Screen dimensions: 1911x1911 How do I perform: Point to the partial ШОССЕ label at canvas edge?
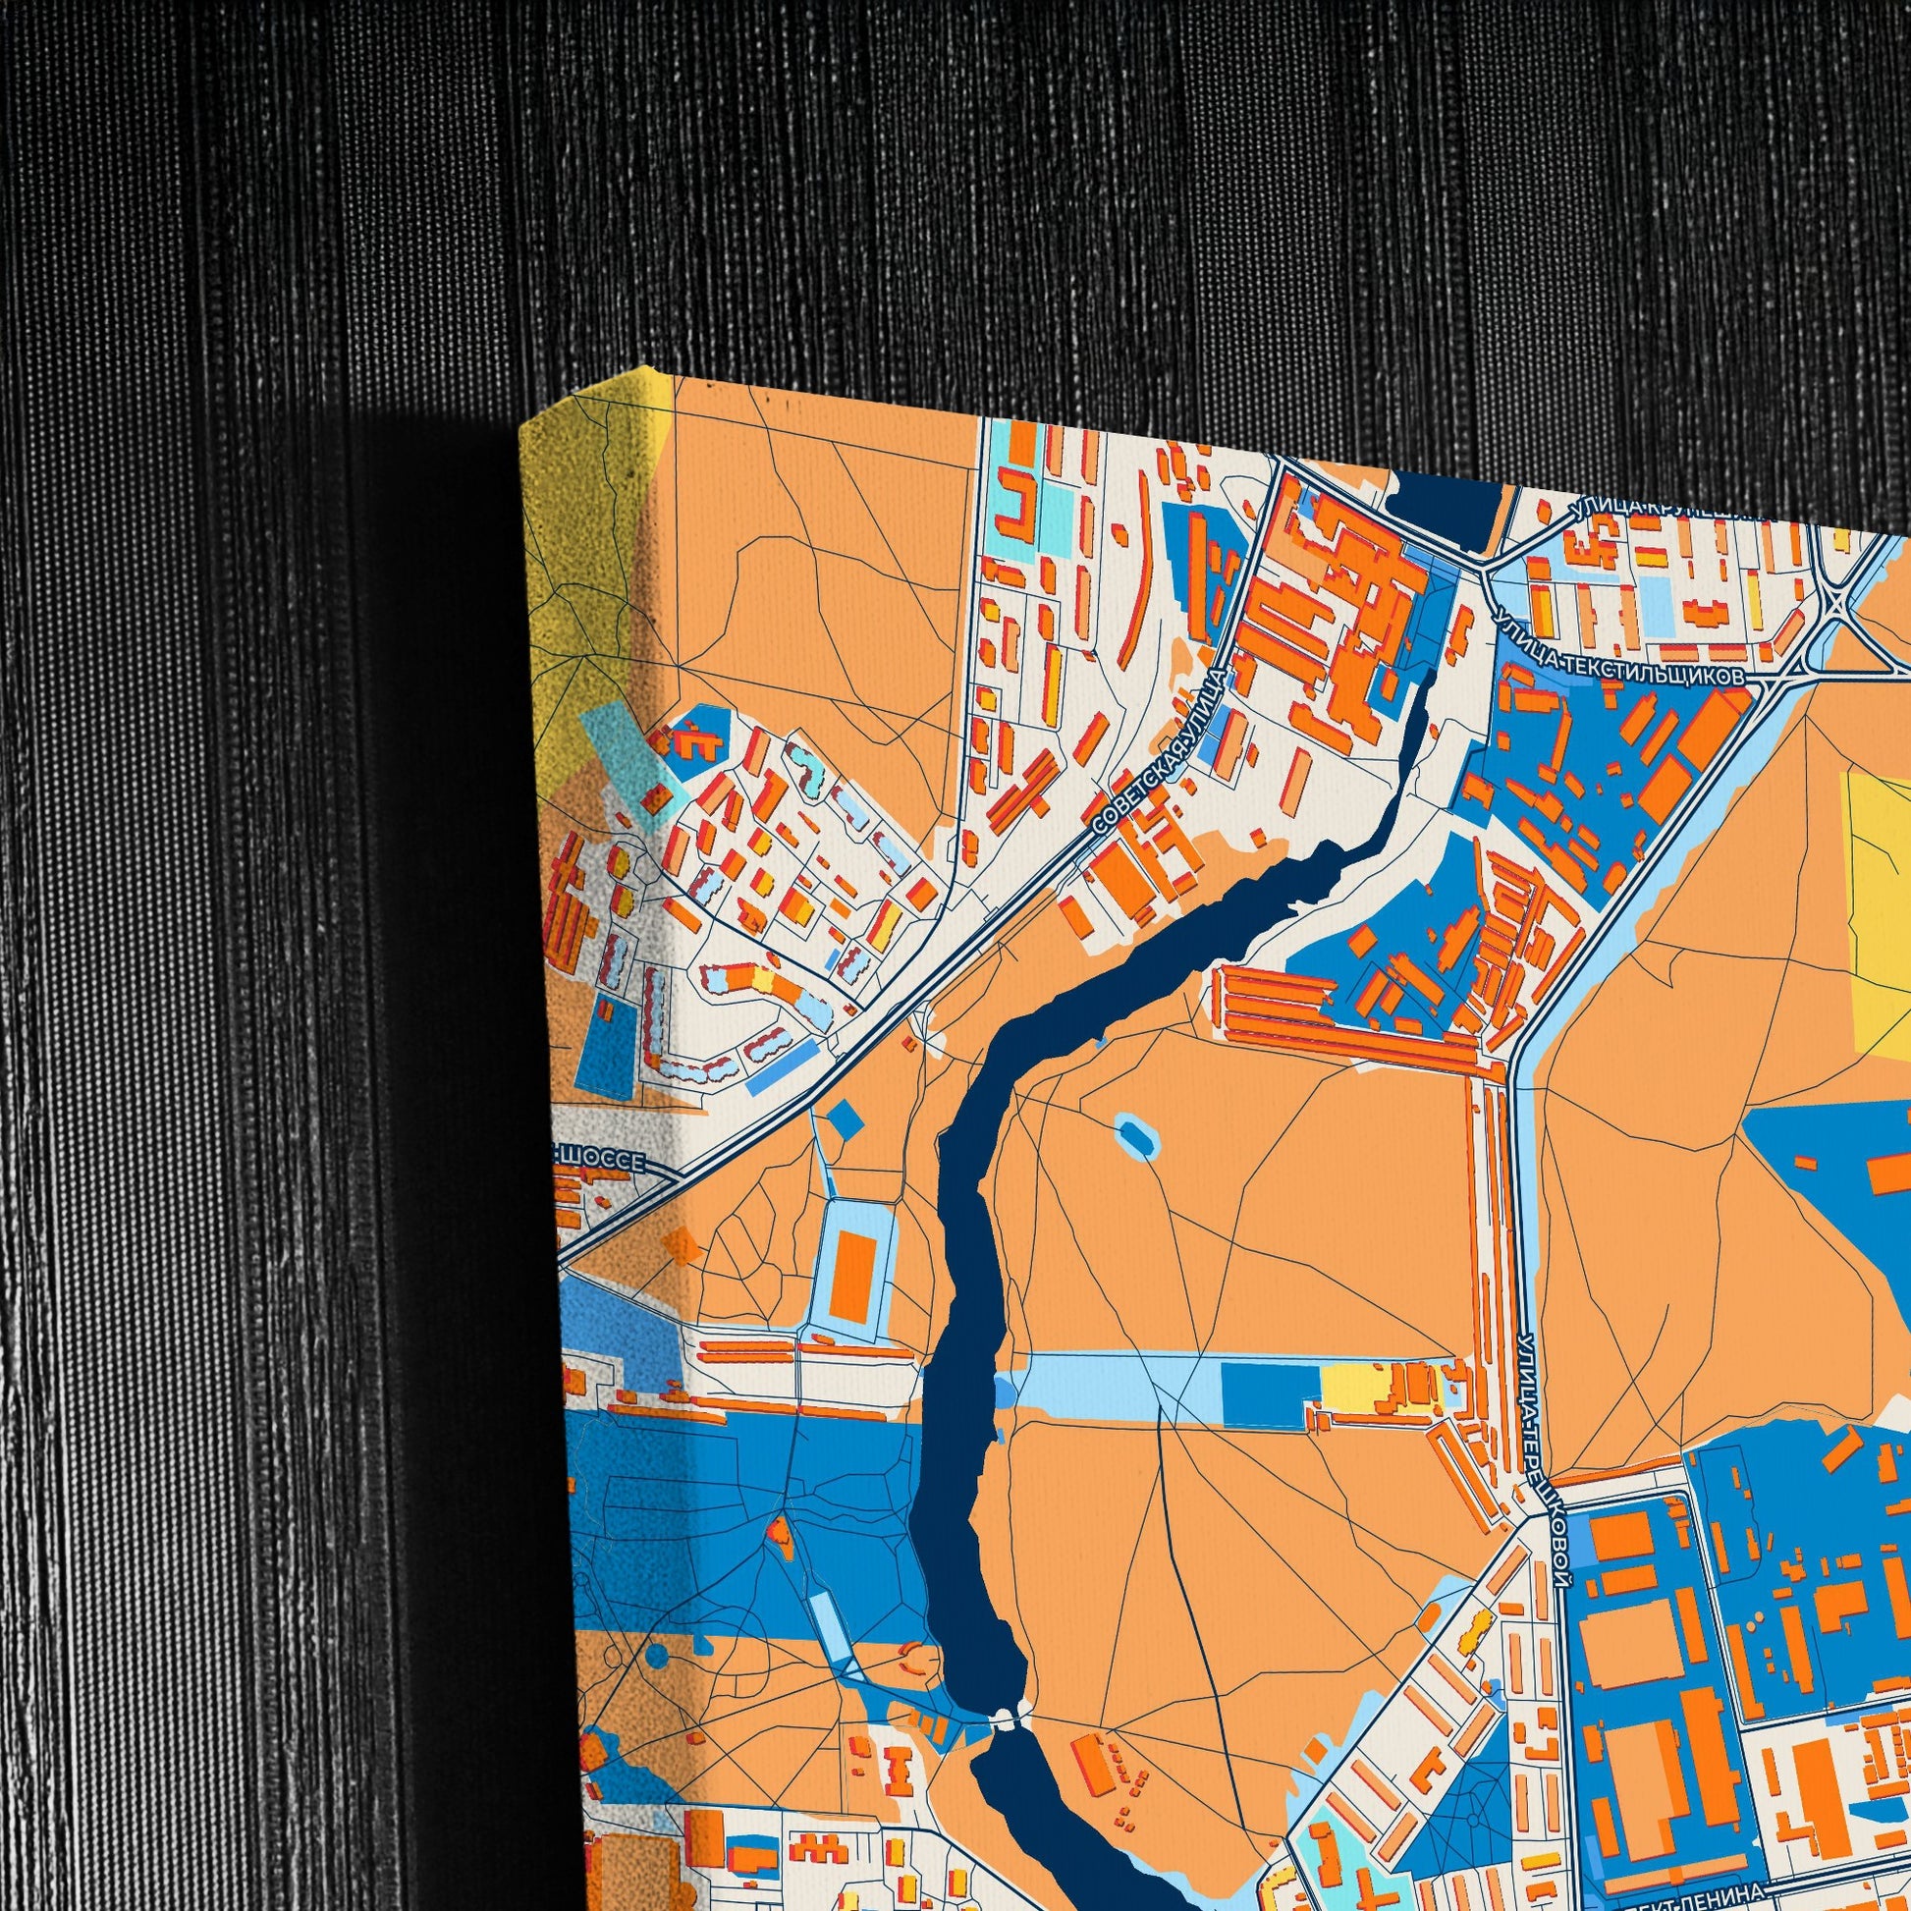pyautogui.click(x=603, y=1163)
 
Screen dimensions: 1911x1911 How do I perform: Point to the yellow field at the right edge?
pyautogui.click(x=1875, y=910)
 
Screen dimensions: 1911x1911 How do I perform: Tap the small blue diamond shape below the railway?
pyautogui.click(x=844, y=1118)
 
